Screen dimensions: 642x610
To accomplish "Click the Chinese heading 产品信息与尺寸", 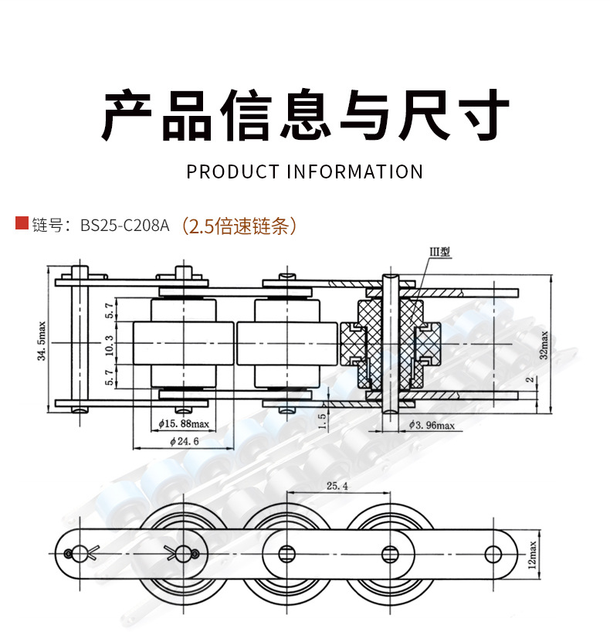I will tap(305, 116).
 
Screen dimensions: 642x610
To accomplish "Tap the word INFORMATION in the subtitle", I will tap(354, 172).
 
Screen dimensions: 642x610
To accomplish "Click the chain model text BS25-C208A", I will tap(124, 226).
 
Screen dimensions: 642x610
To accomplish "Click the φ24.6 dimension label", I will tap(182, 441).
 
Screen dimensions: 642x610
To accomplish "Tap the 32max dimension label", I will tap(544, 345).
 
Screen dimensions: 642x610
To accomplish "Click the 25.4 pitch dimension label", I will tap(337, 487).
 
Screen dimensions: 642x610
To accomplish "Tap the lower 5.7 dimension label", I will tap(110, 376).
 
